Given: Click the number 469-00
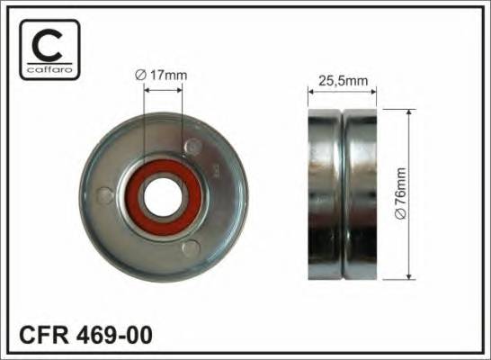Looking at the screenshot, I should pos(116,337).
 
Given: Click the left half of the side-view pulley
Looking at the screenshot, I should pos(324,193).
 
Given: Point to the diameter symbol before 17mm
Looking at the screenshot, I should pos(140,76).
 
